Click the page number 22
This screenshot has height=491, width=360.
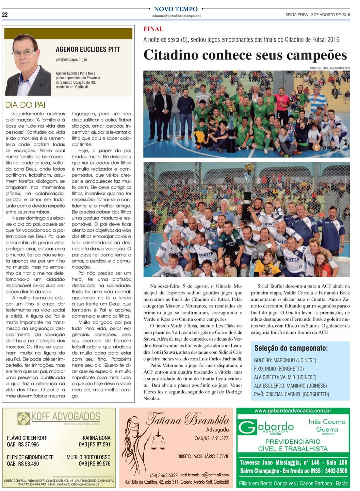click(5, 14)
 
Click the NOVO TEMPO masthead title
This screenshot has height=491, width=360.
click(176, 9)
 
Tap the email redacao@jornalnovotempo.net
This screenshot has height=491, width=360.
click(176, 16)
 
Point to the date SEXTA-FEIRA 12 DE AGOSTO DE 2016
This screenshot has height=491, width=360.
click(317, 15)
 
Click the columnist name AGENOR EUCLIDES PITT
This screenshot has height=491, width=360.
click(88, 49)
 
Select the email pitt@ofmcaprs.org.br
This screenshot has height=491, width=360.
click(71, 60)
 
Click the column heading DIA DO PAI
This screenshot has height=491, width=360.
click(26, 105)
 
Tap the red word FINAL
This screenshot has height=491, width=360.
click(153, 29)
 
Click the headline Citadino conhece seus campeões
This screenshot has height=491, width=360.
click(245, 55)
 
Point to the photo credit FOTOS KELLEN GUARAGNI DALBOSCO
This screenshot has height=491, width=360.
click(330, 68)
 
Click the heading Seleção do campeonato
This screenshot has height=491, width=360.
click(291, 348)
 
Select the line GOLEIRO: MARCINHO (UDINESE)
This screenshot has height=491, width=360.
click(285, 360)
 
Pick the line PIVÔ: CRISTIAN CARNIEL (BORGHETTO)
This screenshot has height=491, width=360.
click(292, 394)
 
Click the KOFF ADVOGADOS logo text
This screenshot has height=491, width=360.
click(65, 416)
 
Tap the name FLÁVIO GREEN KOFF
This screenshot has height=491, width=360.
click(27, 438)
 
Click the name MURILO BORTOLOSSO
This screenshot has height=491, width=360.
click(88, 457)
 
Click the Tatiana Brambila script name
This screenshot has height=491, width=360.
click(188, 419)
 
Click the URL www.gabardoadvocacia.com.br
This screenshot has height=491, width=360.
click(293, 411)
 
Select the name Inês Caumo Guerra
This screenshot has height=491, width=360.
click(327, 425)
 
